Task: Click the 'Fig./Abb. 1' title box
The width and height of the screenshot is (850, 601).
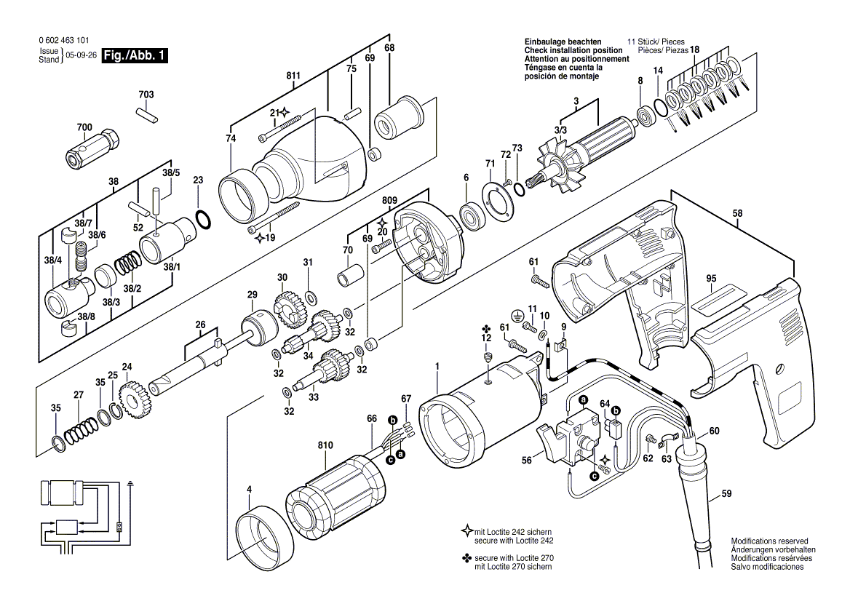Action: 135,55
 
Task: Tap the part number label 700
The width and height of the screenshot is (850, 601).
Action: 84,128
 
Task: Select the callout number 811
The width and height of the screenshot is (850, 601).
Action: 293,76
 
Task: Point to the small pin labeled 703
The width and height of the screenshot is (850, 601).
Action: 147,114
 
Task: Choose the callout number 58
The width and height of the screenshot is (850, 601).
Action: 737,213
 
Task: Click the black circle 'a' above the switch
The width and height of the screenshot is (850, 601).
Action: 584,400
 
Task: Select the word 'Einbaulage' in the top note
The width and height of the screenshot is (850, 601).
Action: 543,41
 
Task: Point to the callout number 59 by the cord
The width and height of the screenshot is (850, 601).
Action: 726,494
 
